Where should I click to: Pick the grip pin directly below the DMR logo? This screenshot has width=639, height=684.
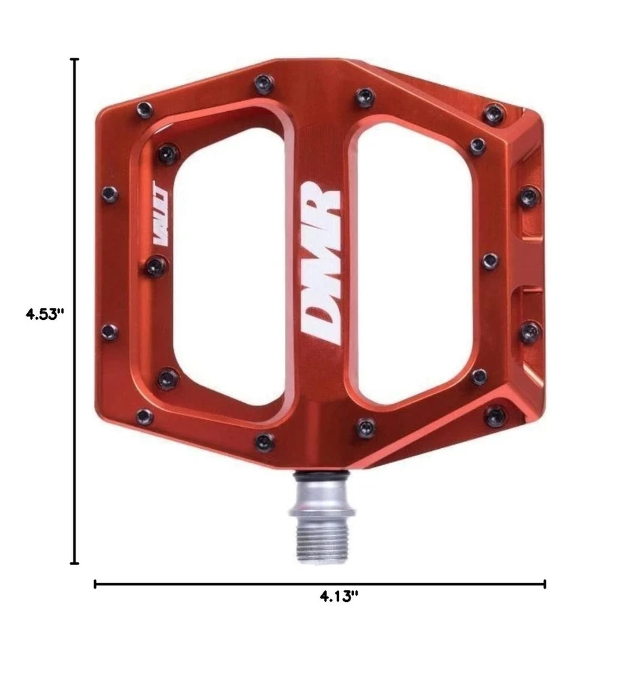coord(365,426)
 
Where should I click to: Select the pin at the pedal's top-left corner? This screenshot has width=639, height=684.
coord(145,109)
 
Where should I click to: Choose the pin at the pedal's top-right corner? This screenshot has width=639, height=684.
coord(493,112)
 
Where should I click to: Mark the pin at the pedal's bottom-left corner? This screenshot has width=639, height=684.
coord(145,416)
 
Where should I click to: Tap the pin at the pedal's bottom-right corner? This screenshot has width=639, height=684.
coord(494,415)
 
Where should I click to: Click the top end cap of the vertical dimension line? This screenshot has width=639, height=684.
coord(75,61)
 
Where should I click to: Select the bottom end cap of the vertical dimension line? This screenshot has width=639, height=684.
coord(75,563)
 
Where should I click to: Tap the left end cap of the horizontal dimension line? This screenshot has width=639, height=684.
coord(95,584)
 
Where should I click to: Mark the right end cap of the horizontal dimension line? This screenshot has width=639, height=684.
coord(545,584)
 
